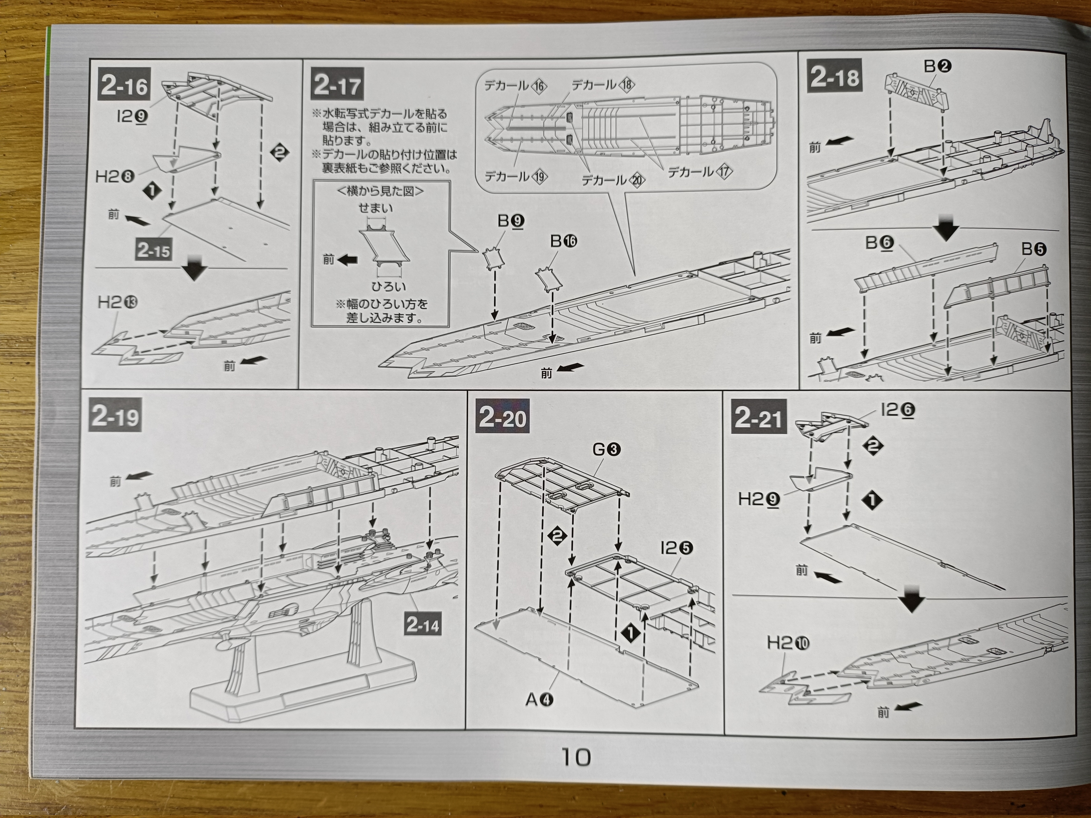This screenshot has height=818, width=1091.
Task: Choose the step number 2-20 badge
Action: [x=502, y=418]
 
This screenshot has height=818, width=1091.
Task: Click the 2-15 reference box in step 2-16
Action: [x=153, y=250]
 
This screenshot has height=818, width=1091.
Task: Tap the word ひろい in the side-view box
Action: [x=389, y=286]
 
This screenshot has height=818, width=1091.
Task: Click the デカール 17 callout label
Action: [x=699, y=171]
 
